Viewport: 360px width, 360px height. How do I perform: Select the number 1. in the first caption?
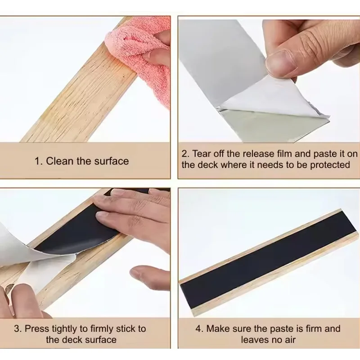tap(39, 161)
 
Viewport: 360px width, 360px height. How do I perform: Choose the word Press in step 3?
tap(37, 329)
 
